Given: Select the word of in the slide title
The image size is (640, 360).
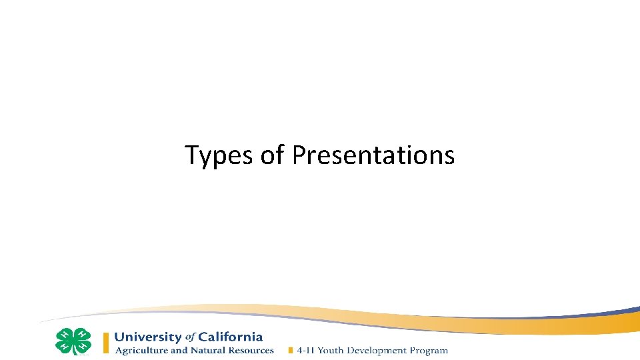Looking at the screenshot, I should tap(273, 155).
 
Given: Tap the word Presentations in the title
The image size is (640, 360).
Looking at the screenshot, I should tap(373, 155).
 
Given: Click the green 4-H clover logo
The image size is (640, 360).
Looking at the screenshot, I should tap(73, 341).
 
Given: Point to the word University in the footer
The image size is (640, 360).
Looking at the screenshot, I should tap(148, 337).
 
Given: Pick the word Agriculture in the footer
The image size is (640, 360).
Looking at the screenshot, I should tap(142, 351).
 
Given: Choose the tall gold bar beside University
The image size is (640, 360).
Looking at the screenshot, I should tap(105, 343).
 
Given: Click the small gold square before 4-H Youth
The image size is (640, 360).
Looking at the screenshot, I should tap(290, 351).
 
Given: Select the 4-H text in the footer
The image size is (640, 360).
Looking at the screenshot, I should tap(306, 351).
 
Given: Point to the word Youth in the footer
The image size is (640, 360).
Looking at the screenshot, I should tap(332, 351).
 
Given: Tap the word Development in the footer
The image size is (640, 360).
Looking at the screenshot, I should tap(378, 351).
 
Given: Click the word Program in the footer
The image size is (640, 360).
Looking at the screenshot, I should tap(429, 351).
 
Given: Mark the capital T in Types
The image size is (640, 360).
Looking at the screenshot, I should tap(191, 155).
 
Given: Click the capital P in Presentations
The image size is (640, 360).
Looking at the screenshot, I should tap(298, 155).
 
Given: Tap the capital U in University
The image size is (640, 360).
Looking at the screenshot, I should tap(119, 337).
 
